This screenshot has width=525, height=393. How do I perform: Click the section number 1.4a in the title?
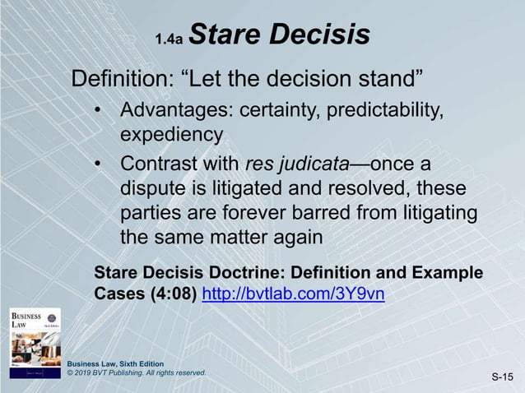(x=172, y=38)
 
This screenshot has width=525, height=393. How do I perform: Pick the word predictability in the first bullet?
(x=393, y=110)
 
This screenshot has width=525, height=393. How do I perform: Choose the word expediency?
(x=171, y=133)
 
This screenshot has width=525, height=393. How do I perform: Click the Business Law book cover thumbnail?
(x=34, y=341)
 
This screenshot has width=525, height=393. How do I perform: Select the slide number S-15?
(x=501, y=378)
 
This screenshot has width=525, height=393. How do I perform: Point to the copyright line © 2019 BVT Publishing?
(x=135, y=373)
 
